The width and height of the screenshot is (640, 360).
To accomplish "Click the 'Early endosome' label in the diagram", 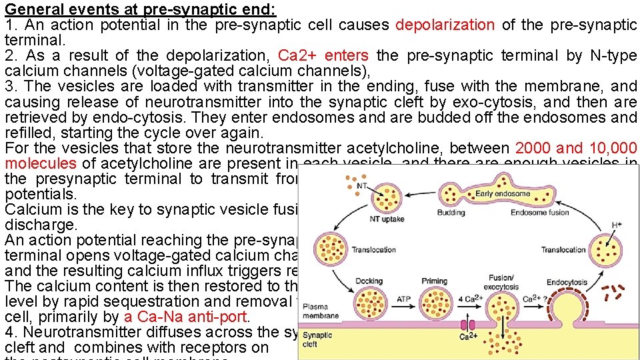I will [x=502, y=194].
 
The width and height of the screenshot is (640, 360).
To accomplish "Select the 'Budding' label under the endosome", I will [x=451, y=213].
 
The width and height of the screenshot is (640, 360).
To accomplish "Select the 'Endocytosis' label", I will [x=567, y=282].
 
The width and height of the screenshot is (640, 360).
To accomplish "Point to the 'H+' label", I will [x=618, y=225].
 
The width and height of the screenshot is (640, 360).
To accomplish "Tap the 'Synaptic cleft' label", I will [x=317, y=339].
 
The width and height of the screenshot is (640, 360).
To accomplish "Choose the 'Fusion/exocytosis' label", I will [x=502, y=282].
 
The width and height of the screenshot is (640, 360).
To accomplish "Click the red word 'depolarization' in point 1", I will [x=445, y=25].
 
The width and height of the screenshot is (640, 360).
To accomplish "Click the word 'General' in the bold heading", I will [x=31, y=9].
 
